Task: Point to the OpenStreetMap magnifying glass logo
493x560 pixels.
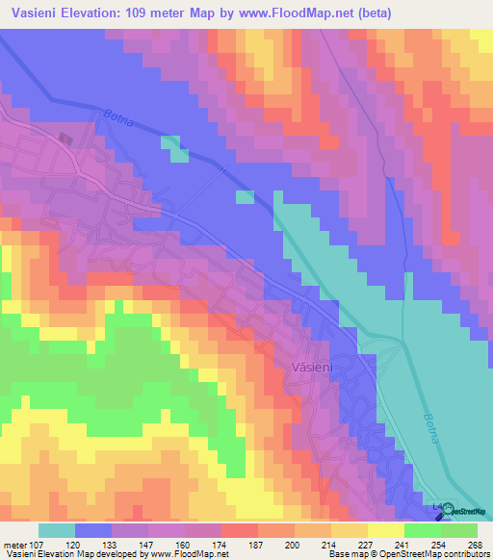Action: point(446,513)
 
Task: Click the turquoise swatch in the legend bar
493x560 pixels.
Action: point(57,530)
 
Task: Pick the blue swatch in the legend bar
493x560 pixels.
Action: point(93,530)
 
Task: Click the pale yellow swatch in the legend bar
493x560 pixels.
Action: point(385,530)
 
